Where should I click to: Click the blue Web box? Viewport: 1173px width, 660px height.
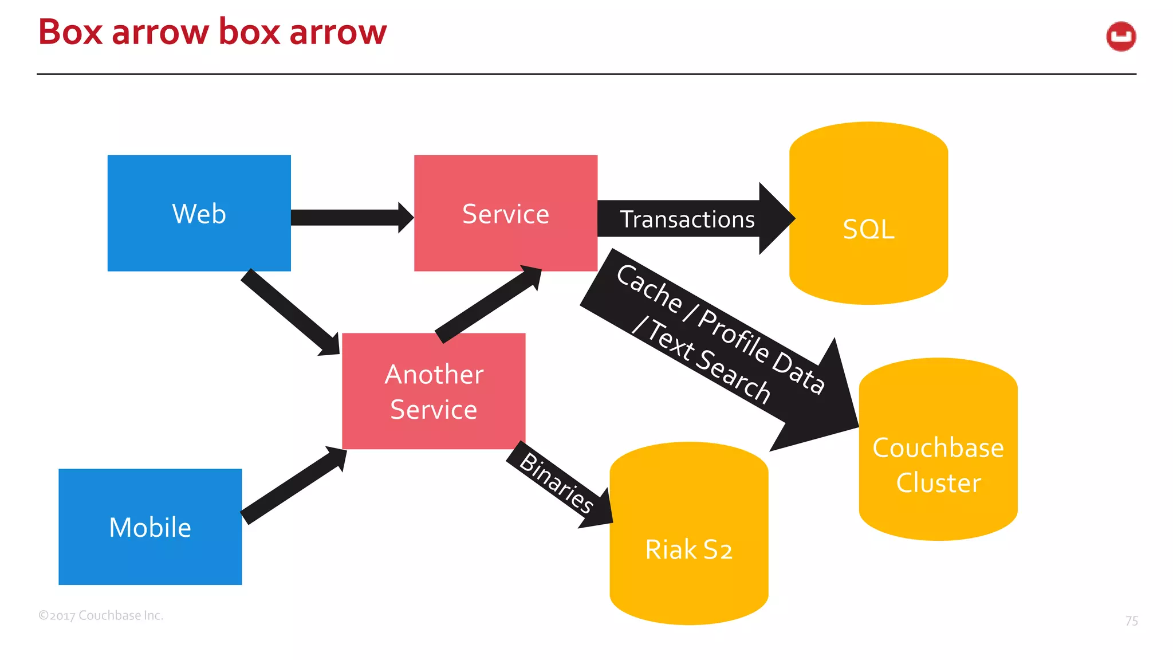coord(199,213)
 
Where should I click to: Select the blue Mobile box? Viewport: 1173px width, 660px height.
coord(150,527)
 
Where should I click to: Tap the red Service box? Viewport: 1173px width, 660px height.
coord(505,213)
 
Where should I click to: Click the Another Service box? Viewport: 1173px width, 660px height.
coord(434,391)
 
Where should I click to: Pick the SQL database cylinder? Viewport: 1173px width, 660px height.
coord(868,229)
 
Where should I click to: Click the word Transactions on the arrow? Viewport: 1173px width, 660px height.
coord(687,219)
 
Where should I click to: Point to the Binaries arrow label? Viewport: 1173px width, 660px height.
coord(556,483)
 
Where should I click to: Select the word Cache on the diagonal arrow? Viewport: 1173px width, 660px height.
coord(649,289)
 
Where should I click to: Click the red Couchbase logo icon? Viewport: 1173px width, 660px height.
coord(1121,37)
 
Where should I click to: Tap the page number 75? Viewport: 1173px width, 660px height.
coord(1131,621)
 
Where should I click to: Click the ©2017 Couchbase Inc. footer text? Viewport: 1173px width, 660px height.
coord(101,615)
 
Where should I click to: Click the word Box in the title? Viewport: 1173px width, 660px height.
coord(70,32)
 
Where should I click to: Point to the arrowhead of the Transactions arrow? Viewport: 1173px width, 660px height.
coord(776,218)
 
